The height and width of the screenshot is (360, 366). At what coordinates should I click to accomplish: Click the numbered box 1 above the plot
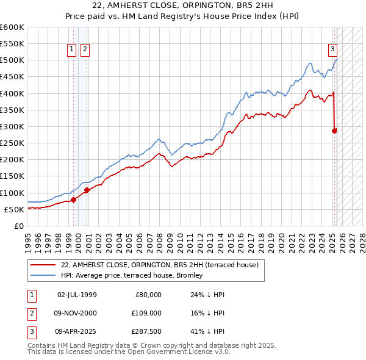[x=72, y=49]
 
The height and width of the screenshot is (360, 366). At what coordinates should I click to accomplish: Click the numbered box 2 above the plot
[x=85, y=49]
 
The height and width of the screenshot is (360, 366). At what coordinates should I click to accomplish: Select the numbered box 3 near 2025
[x=333, y=49]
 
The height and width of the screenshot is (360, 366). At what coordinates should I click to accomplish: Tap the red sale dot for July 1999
[x=73, y=199]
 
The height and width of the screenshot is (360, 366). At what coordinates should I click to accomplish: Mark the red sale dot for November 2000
[x=87, y=190]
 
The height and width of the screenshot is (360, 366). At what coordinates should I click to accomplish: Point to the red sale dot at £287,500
[x=335, y=130]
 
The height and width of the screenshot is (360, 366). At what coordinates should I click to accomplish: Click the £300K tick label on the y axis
[x=12, y=126]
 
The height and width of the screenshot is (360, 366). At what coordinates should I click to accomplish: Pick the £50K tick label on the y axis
[x=14, y=209]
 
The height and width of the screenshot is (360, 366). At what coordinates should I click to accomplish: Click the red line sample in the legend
[x=43, y=265]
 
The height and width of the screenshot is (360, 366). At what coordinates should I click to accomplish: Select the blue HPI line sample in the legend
[x=43, y=276]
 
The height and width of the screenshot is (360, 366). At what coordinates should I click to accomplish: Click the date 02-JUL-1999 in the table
[x=77, y=295]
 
